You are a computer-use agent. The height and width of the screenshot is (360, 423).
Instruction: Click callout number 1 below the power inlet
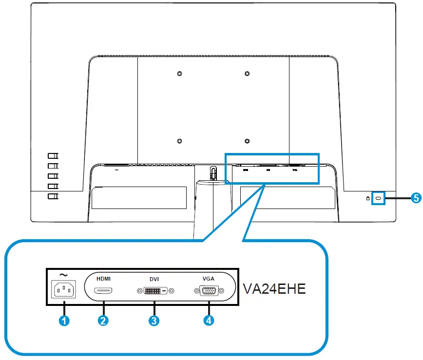pos(64,321)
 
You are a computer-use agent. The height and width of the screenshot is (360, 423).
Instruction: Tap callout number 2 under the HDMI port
pos(103,321)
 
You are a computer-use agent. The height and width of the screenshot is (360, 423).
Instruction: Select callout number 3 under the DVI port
pos(154,321)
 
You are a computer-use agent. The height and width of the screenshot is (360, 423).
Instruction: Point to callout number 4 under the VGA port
pos(209,321)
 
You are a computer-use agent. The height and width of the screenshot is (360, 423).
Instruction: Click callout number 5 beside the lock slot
pos(415,198)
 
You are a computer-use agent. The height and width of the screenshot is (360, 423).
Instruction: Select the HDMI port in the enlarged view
pos(103,291)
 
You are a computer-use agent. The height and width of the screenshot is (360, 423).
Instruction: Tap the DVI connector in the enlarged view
pos(154,291)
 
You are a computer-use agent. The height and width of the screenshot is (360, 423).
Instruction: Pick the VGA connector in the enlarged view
pos(209,291)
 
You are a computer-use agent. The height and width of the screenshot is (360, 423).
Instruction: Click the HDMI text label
pos(103,279)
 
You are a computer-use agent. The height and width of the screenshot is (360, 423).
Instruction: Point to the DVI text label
pos(154,281)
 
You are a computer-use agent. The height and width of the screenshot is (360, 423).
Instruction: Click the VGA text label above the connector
pos(208,279)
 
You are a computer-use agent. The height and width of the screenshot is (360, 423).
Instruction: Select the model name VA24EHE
pos(274,289)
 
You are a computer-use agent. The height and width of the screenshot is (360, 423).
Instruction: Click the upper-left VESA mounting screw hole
pos(179,74)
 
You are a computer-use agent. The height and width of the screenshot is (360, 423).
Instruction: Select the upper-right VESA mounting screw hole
pos(247,74)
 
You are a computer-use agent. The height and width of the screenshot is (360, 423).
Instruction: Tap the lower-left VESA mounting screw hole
pos(179,142)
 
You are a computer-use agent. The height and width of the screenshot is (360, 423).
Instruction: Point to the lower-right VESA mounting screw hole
pos(247,142)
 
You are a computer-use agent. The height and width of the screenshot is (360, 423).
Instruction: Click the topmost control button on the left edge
pos(53,156)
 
